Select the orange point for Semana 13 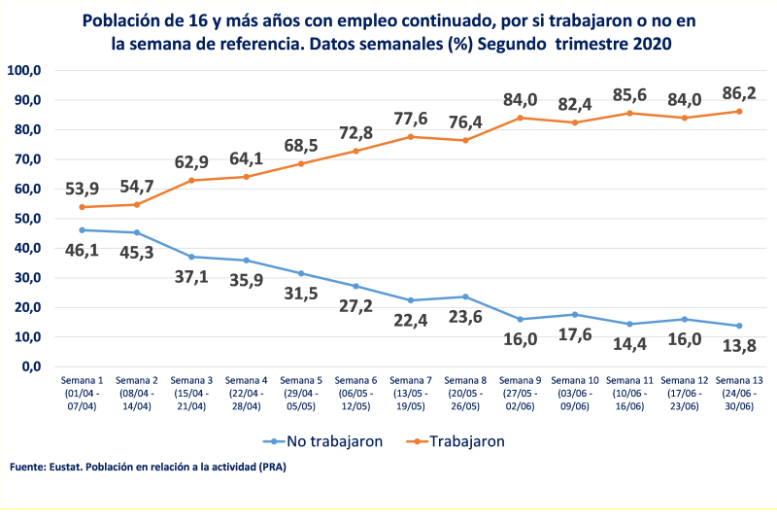click(x=739, y=111)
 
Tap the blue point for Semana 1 click(x=82, y=230)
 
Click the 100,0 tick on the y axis click(x=23, y=70)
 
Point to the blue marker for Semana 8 click(x=465, y=296)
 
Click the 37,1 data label click(x=191, y=278)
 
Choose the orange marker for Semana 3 click(x=191, y=180)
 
